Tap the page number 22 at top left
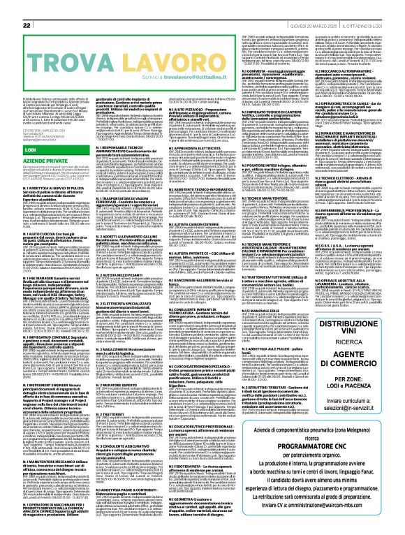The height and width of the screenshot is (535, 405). pyautogui.click(x=28, y=6)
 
